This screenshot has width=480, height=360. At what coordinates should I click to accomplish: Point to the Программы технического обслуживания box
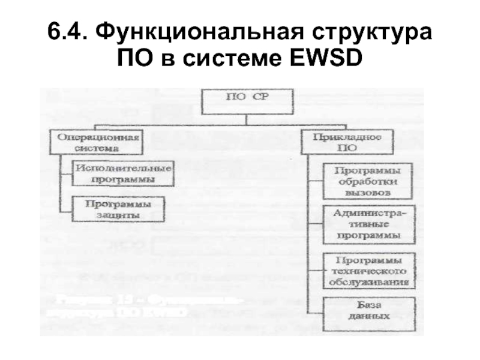coord(368,270)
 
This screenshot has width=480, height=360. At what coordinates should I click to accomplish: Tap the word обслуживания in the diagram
coord(368,281)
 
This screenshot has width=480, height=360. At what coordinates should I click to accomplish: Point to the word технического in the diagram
coord(368,270)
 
